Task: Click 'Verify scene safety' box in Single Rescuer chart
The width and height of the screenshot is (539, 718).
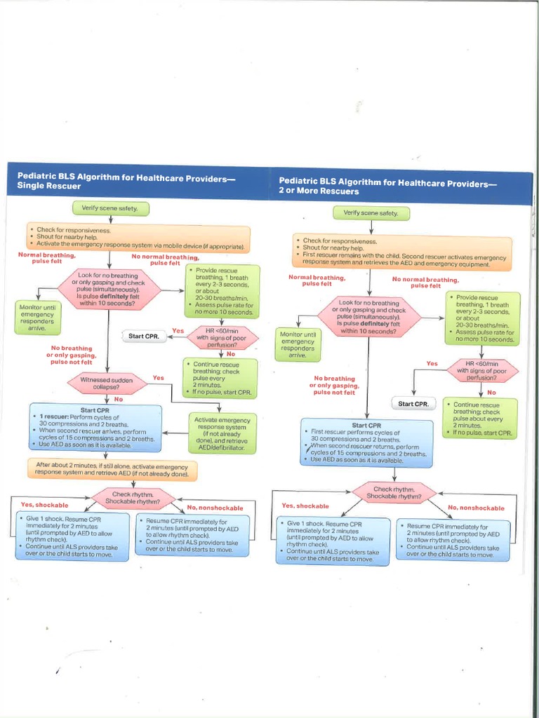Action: coord(110,208)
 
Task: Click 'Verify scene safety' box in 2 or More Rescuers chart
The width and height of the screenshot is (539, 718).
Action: coord(371,212)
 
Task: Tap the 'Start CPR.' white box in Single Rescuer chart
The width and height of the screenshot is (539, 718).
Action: coord(145,337)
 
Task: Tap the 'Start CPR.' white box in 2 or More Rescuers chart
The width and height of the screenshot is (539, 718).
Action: coord(413,404)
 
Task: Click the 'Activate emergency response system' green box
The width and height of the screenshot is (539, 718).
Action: coord(222,433)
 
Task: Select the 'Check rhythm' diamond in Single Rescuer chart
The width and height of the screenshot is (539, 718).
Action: coord(133,498)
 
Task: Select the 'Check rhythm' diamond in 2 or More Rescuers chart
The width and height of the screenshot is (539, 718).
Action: coord(394,492)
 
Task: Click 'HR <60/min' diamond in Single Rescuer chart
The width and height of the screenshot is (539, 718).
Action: coord(221,337)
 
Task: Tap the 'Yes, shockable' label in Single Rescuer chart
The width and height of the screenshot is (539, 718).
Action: coord(44,504)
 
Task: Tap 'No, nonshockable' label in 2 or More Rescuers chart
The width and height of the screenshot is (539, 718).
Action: coord(476,508)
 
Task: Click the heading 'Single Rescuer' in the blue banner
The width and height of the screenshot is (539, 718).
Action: coord(49,187)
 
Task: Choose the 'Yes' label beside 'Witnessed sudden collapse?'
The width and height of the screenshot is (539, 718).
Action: coord(159,377)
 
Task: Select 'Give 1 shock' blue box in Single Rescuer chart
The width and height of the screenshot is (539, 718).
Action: coord(73,536)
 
